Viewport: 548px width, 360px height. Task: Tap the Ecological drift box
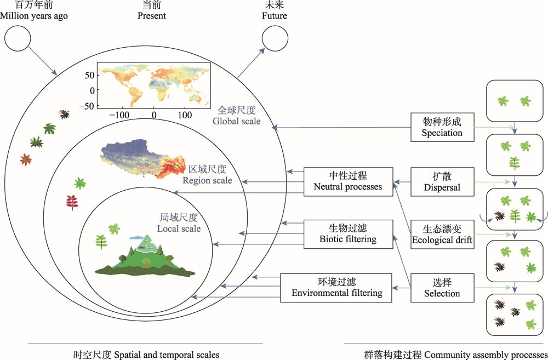pos(442,234)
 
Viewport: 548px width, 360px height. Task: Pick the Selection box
pos(442,288)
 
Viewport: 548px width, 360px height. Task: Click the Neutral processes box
pos(348,181)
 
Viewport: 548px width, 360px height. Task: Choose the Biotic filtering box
pos(348,233)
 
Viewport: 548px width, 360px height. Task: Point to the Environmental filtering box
pos(336,287)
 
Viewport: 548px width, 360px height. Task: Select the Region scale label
pos(207,174)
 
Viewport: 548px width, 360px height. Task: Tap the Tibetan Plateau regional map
pos(145,159)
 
